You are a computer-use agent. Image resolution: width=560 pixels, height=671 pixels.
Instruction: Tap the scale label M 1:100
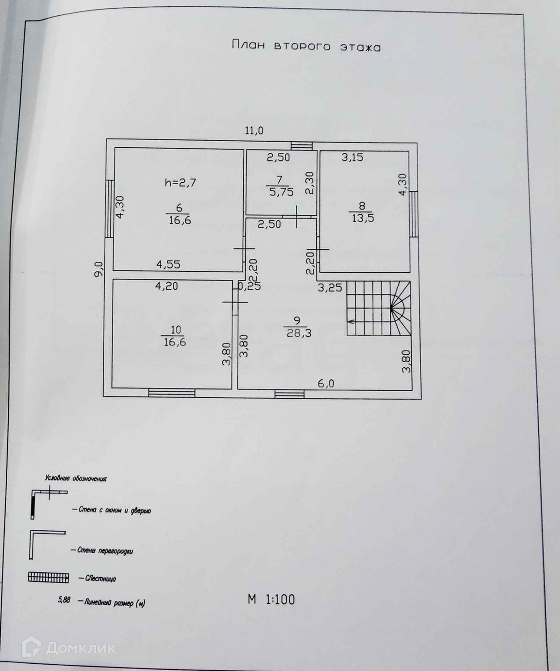click(271, 599)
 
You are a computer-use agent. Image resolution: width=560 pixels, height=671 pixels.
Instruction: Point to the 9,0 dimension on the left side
click(99, 269)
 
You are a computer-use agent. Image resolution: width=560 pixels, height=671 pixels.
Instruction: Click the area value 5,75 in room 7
click(281, 192)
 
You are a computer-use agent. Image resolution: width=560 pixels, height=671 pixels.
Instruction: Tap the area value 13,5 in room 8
click(361, 218)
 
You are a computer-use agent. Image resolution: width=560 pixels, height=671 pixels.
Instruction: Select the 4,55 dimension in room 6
click(168, 264)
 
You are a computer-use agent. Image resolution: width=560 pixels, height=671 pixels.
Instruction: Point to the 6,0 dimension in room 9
click(326, 384)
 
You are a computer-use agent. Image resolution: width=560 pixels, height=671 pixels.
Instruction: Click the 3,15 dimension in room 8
click(352, 157)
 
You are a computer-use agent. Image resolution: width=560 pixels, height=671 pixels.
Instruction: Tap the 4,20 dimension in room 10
click(166, 286)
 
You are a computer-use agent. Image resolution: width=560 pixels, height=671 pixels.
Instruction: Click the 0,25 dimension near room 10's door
click(249, 286)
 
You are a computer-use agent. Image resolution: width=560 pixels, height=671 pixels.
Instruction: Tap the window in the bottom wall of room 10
click(171, 393)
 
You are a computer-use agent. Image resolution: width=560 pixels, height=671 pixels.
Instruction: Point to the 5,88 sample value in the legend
click(64, 600)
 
